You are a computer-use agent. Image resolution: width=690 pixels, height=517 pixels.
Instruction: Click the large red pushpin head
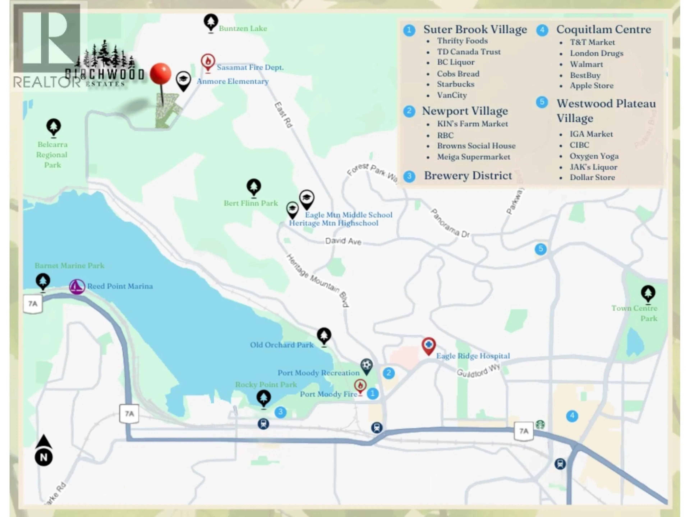pos(160,74)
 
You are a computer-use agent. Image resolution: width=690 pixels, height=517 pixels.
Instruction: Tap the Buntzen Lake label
pos(243,28)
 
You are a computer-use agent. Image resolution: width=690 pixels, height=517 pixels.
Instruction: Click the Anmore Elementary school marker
pos(183,80)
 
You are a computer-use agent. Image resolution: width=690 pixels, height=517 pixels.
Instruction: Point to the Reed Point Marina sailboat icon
pos(77,286)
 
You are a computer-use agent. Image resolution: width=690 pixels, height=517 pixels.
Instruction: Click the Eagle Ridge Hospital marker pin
pos(429,345)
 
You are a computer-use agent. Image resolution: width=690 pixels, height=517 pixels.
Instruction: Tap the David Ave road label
pos(343,241)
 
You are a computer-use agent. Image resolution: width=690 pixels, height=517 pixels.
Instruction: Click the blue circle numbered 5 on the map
pos(540,249)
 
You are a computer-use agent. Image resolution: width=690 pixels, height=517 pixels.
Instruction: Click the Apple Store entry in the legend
pos(591,86)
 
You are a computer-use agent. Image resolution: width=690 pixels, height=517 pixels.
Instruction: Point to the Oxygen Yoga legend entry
pos(594,156)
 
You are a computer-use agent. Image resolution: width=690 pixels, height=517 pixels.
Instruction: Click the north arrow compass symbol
pos(44,450)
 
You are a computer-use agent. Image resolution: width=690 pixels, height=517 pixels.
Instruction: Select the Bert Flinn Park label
pos(250,203)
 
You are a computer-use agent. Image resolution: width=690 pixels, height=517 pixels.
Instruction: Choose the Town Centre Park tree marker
pos(648,293)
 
